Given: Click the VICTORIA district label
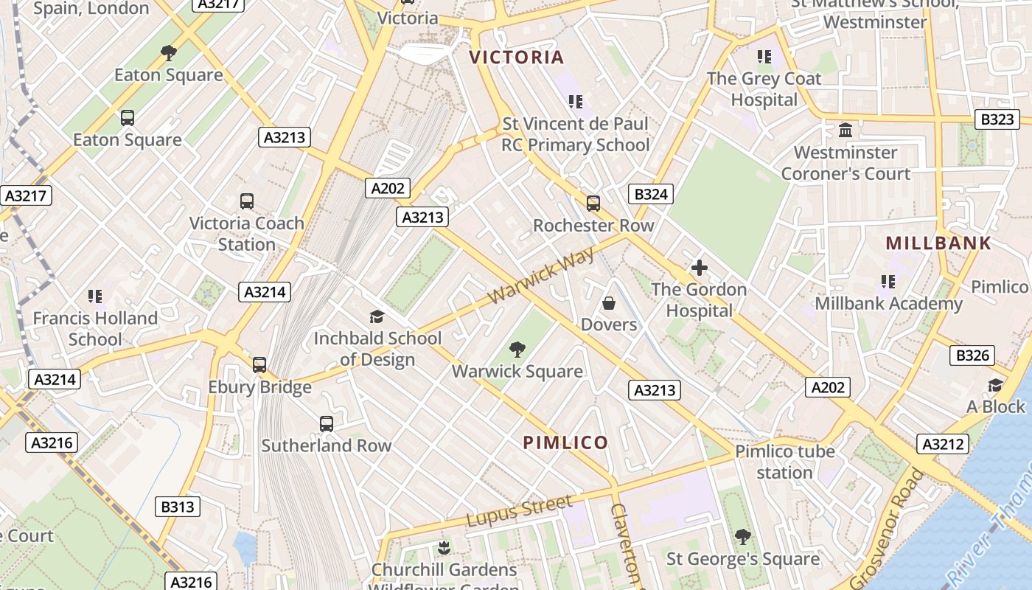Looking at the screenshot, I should click(517, 58).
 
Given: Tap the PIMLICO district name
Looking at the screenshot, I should click(565, 442).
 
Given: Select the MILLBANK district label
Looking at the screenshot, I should click(938, 243).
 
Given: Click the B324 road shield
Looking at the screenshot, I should click(651, 194).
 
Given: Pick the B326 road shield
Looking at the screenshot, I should click(972, 355).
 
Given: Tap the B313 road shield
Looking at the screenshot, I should click(178, 507).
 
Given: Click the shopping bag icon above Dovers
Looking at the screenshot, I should click(609, 303).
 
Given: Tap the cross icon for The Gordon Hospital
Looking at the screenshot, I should click(699, 268).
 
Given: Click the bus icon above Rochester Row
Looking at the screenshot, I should click(593, 204).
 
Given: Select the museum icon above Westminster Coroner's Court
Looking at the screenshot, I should click(846, 131).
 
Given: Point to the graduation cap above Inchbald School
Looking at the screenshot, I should click(377, 317).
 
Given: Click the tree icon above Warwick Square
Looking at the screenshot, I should click(517, 350).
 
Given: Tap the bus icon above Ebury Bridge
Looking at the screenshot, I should click(259, 365).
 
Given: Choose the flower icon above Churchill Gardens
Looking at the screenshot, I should click(444, 548).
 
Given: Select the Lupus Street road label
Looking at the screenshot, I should click(519, 510).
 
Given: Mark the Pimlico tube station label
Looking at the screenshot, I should click(784, 462).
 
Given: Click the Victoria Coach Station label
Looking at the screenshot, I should click(246, 234).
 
